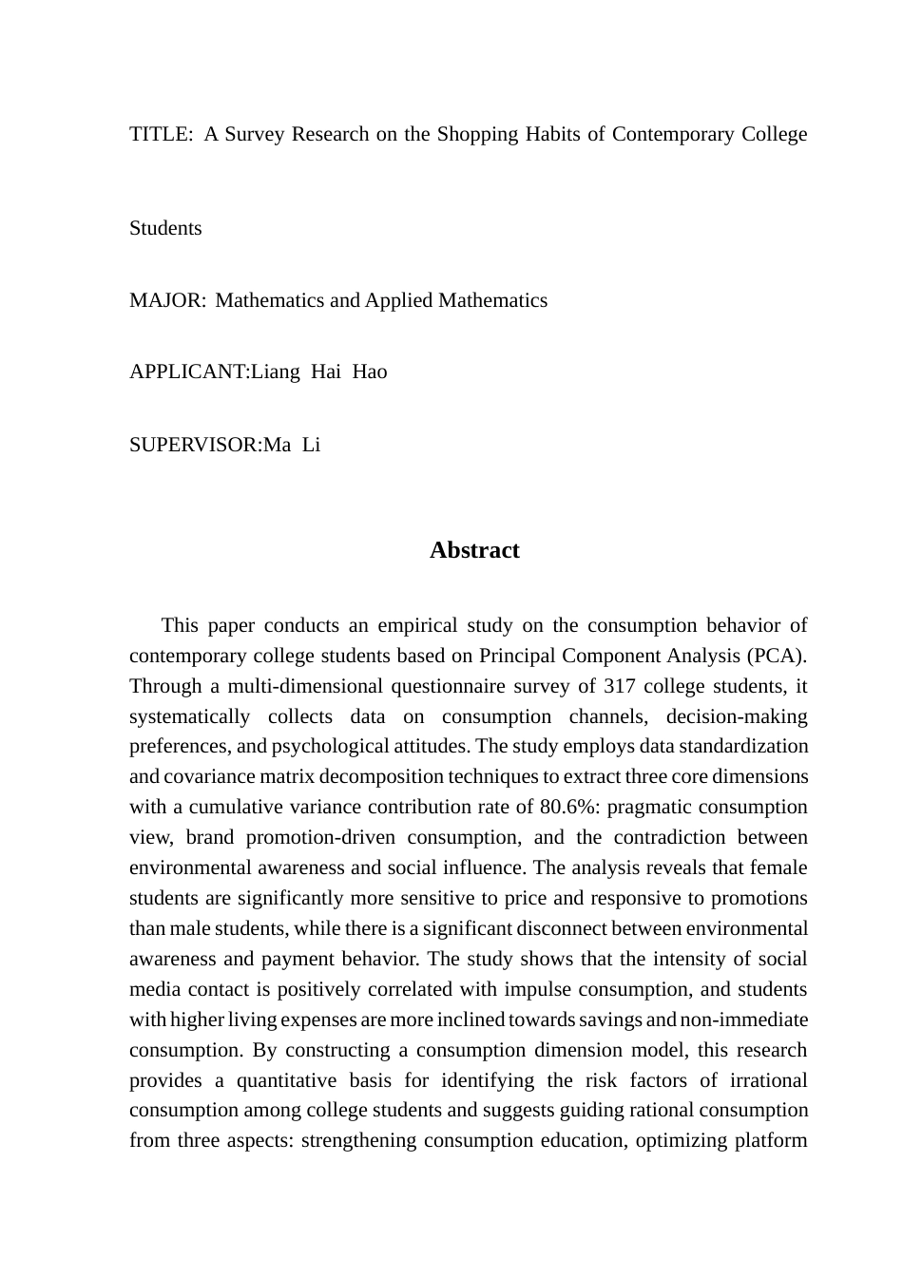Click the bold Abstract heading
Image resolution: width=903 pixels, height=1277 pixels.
click(x=474, y=550)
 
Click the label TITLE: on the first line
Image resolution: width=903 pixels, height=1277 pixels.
click(x=161, y=134)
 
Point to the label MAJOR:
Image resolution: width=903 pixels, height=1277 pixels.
click(x=167, y=300)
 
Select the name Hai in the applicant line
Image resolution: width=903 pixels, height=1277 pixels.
click(x=325, y=372)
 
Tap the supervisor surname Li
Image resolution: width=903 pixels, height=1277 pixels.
click(x=312, y=445)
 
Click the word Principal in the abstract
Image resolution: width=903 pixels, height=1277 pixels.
click(x=521, y=656)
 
